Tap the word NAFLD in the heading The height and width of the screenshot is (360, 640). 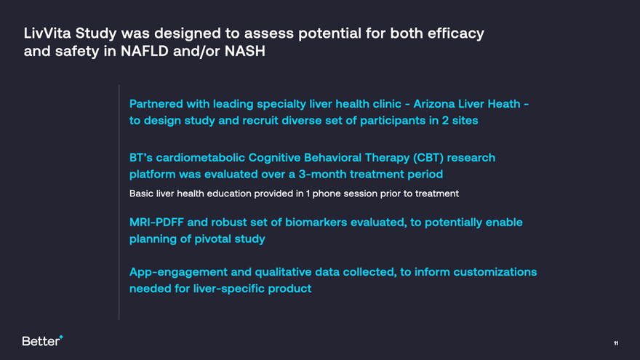click(x=145, y=51)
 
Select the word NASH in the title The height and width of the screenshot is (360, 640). click(x=245, y=51)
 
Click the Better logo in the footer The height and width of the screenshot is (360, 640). click(x=42, y=340)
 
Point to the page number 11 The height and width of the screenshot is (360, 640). click(x=616, y=343)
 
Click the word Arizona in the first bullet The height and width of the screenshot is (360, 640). click(x=434, y=104)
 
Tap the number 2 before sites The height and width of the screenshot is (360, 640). click(x=445, y=121)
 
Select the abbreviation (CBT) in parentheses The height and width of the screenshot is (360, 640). click(x=428, y=158)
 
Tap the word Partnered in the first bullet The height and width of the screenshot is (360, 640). click(x=156, y=104)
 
